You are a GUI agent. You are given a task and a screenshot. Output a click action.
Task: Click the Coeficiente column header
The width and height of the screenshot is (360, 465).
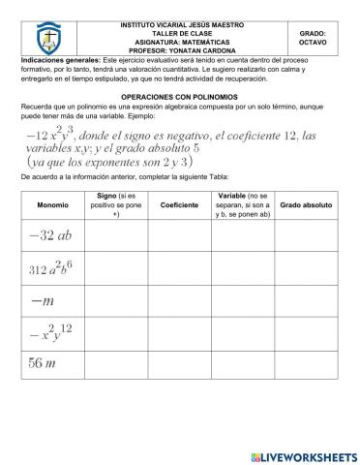(x=179, y=205)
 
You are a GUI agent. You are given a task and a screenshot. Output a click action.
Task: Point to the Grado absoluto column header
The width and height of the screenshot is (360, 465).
(x=306, y=205)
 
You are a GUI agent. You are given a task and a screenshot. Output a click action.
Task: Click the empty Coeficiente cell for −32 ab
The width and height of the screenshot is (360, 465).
(x=179, y=235)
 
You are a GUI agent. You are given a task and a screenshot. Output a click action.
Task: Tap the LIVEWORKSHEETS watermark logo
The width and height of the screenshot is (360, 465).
(x=303, y=454)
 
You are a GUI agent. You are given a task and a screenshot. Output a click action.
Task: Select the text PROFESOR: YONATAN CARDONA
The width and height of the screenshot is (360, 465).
(x=175, y=51)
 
